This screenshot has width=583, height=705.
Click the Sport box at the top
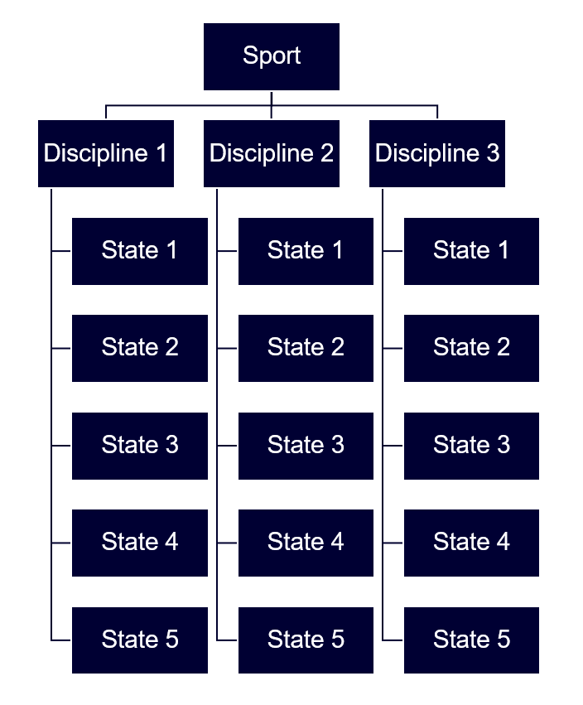[272, 56]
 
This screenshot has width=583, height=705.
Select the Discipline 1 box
[106, 153]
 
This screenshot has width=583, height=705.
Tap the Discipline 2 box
[272, 153]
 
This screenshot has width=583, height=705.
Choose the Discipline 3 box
[437, 153]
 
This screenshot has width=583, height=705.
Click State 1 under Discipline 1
[140, 251]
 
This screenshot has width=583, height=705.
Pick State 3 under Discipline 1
[140, 446]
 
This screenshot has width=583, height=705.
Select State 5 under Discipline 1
[140, 640]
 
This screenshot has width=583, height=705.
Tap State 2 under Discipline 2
[306, 348]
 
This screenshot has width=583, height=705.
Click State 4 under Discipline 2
[306, 543]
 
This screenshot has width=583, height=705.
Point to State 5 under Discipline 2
[306, 640]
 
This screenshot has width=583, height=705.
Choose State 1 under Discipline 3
[471, 251]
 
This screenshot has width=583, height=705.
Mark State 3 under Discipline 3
[471, 446]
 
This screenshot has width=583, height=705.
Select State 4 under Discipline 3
[471, 543]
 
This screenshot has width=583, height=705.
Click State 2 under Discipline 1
[140, 348]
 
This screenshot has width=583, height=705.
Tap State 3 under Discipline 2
[306, 446]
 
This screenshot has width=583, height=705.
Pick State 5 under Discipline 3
[471, 640]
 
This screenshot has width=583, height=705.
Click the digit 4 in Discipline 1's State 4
[171, 543]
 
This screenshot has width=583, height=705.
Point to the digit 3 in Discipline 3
[493, 154]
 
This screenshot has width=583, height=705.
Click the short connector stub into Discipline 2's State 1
[228, 251]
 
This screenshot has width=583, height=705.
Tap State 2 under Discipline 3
[471, 348]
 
